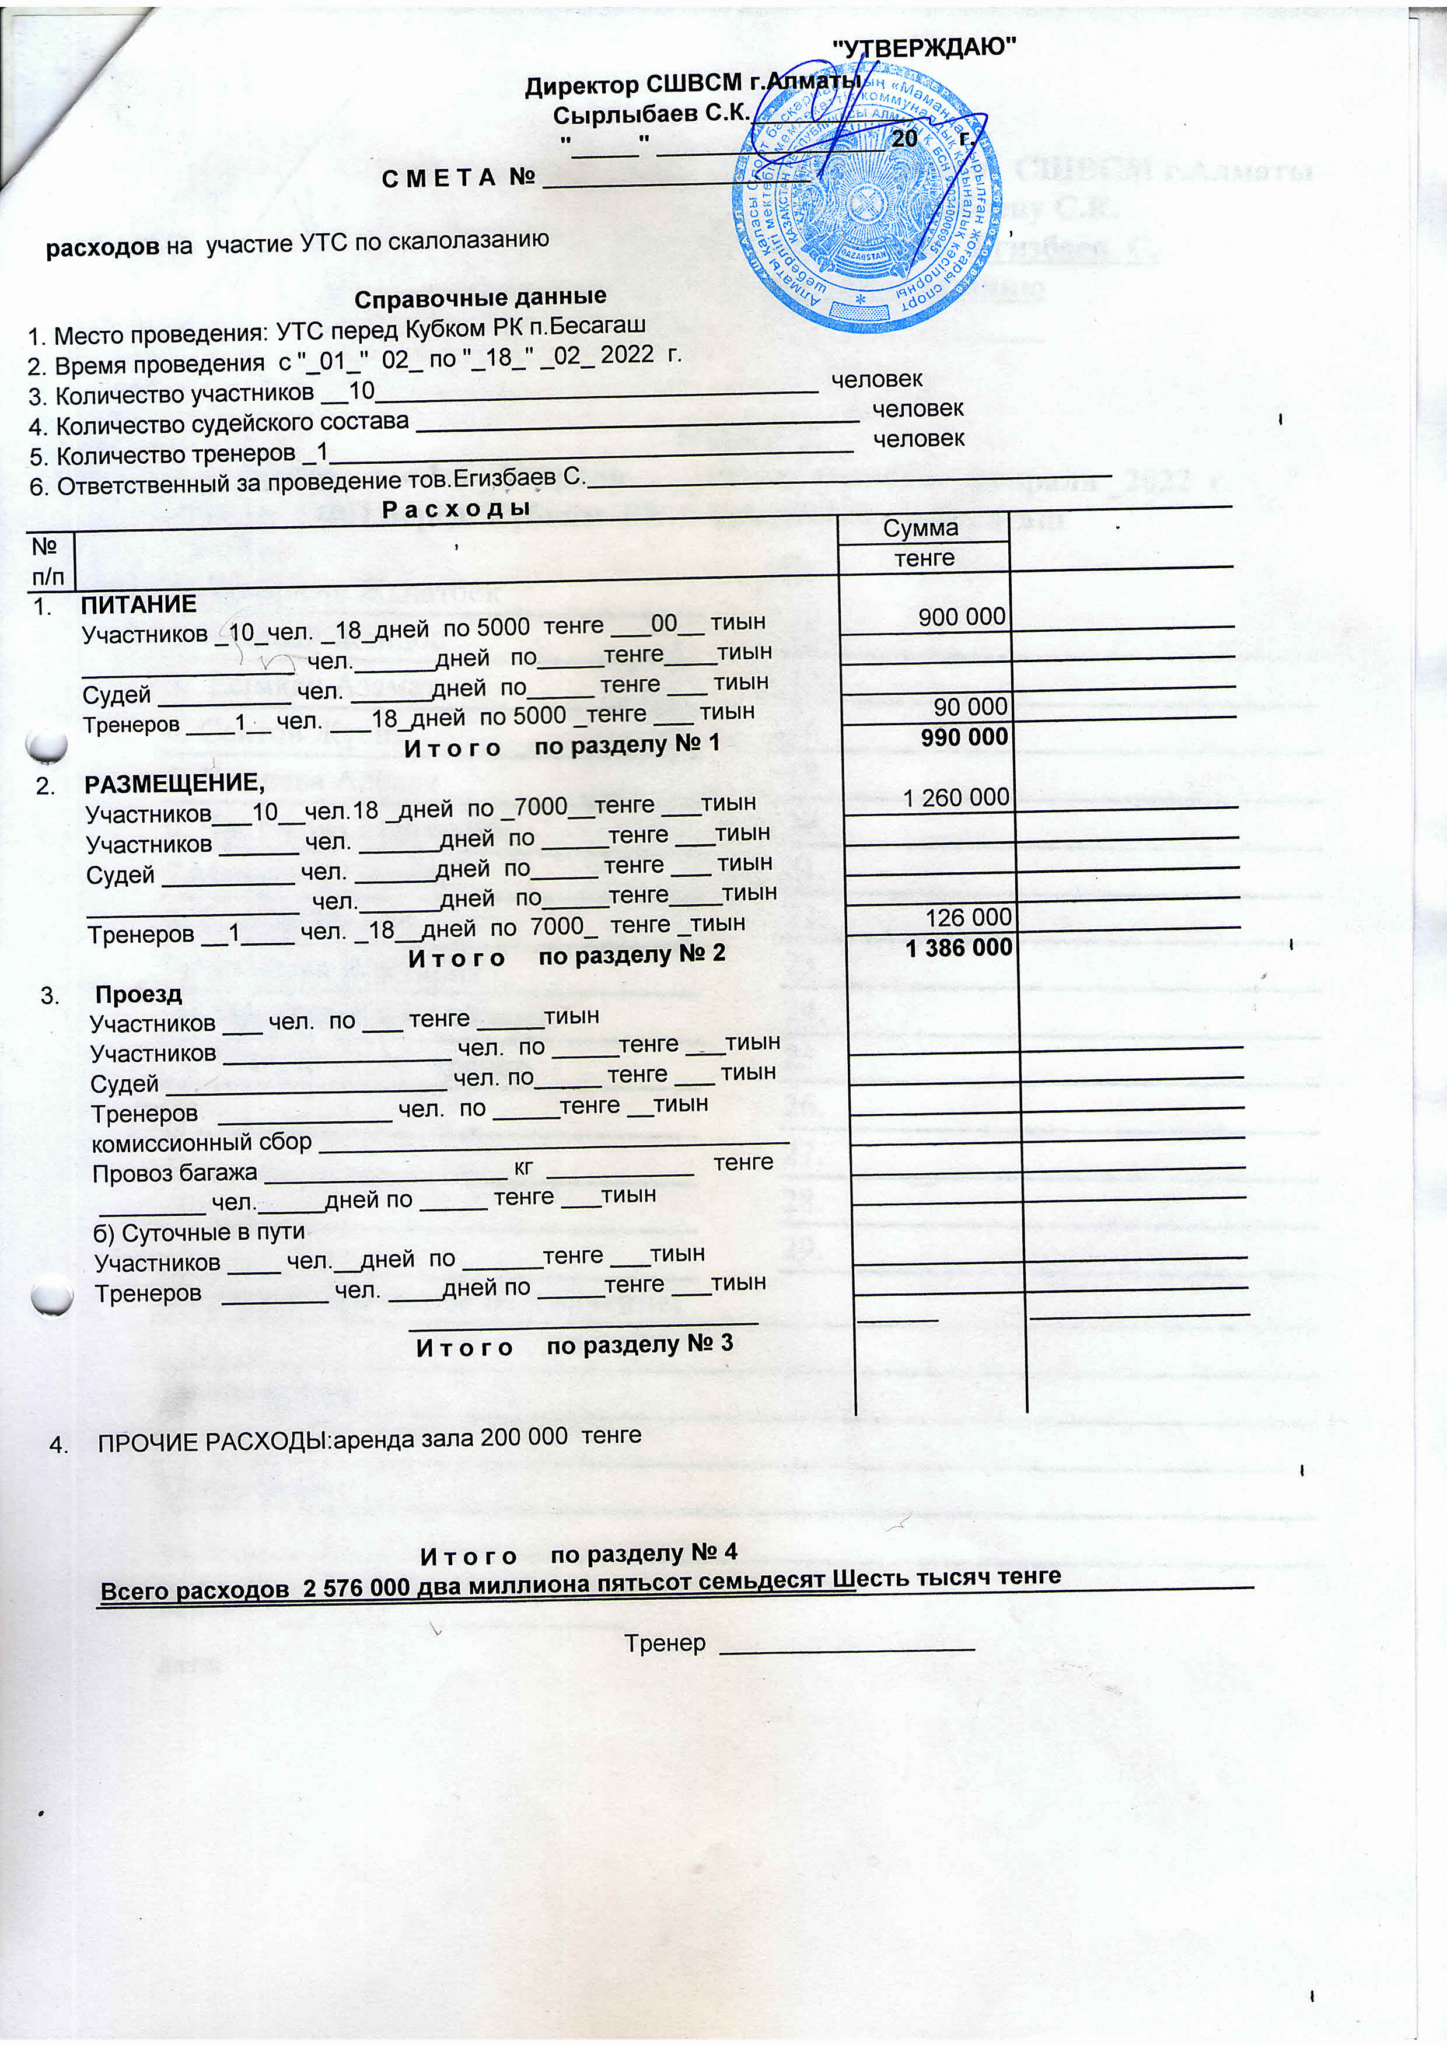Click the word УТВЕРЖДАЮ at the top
tap(924, 47)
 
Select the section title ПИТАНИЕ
tap(139, 604)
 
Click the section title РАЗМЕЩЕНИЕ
tap(174, 784)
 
